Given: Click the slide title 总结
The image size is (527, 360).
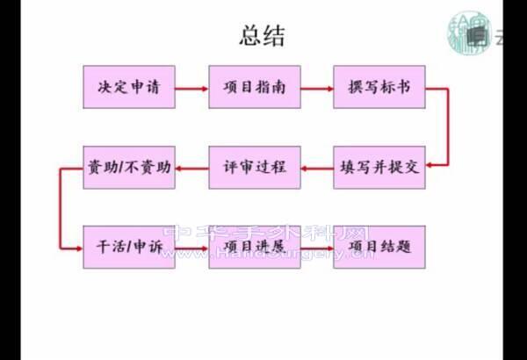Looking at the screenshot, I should [x=262, y=36].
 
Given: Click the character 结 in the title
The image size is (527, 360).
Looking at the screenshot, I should [x=274, y=36].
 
